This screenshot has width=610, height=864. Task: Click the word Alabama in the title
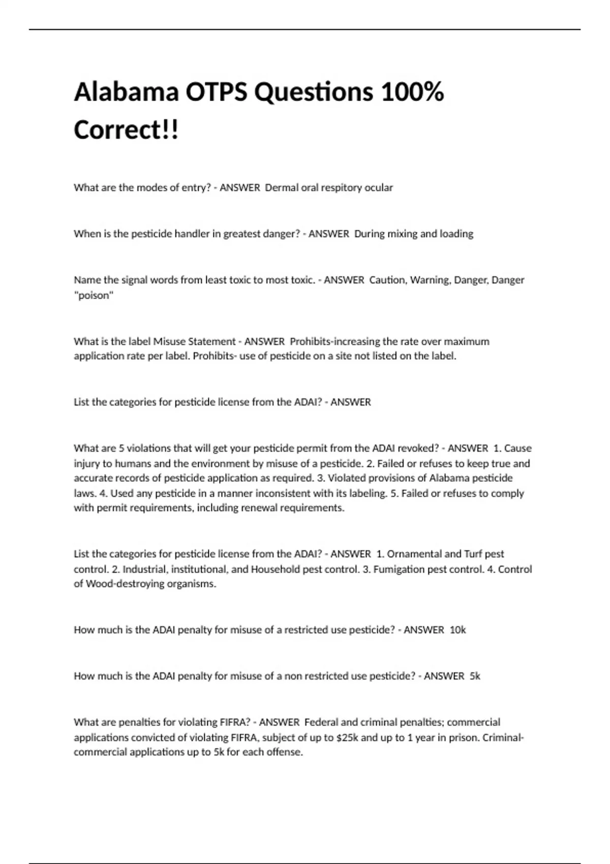click(x=126, y=92)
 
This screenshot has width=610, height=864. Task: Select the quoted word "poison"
click(x=94, y=295)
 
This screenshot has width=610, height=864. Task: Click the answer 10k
click(x=457, y=630)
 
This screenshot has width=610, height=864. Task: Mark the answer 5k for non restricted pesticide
click(x=475, y=676)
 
